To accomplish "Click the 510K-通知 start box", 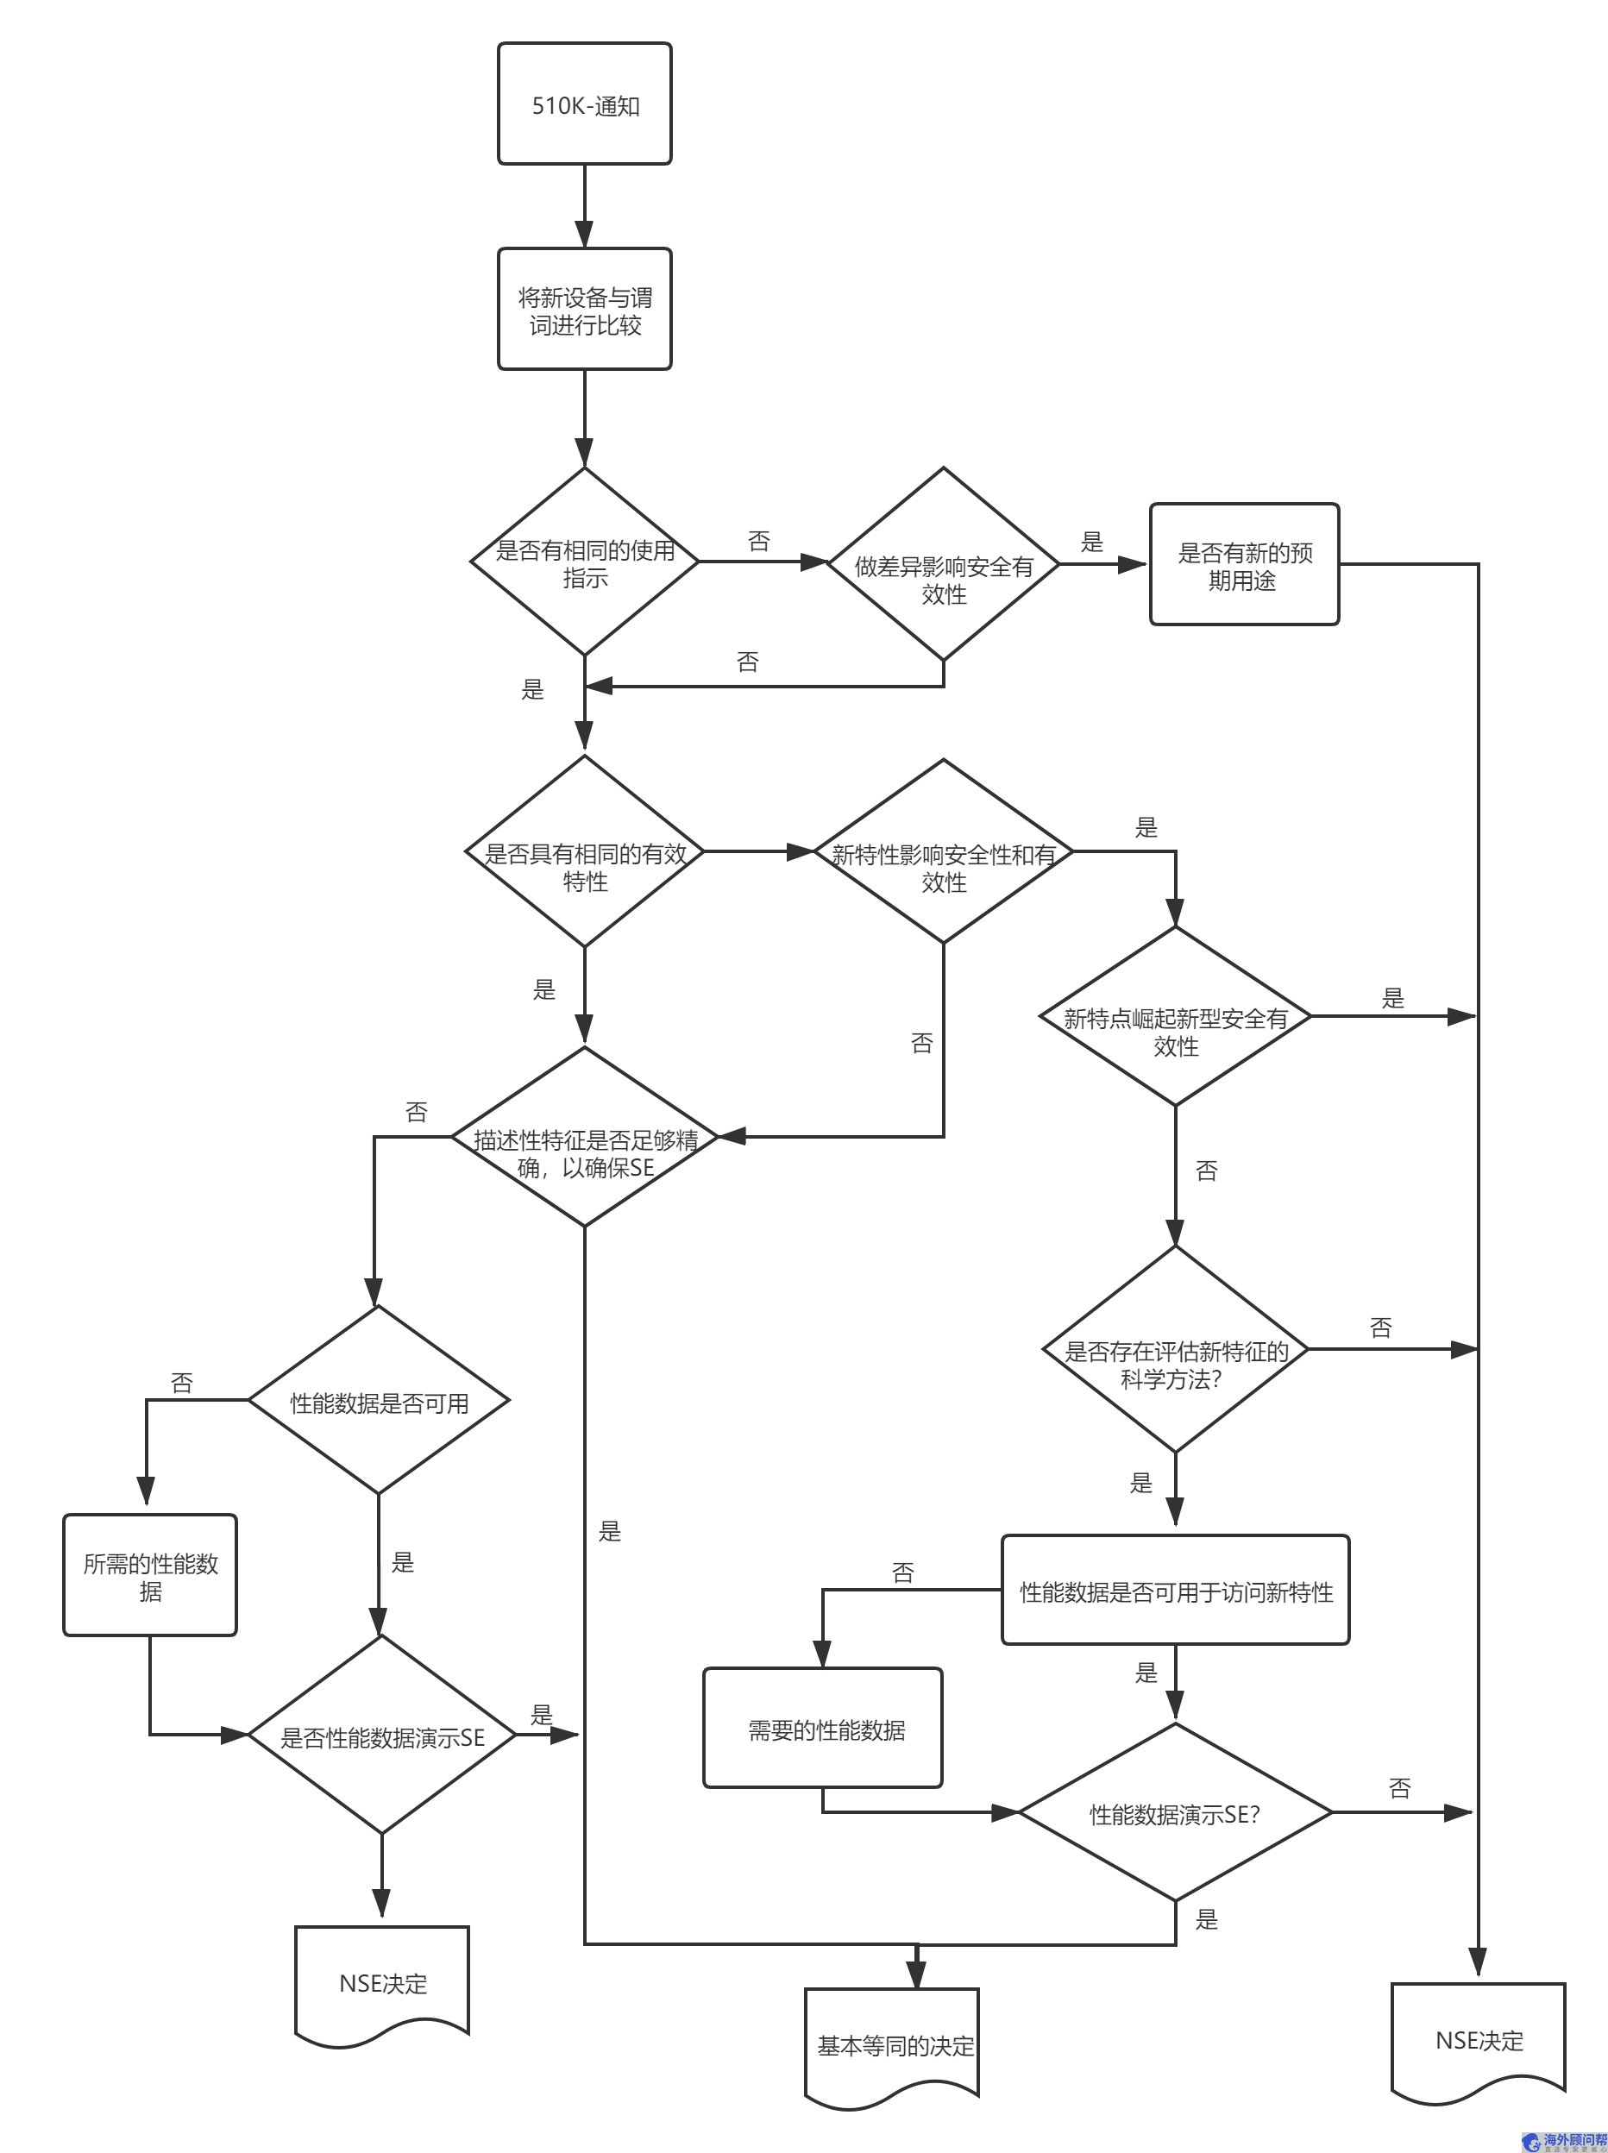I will pyautogui.click(x=584, y=104).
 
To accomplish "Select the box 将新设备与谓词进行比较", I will pyautogui.click(x=584, y=310).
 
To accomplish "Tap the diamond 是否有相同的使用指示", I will pyautogui.click(x=584, y=562).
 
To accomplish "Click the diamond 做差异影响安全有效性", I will pyautogui.click(x=943, y=564).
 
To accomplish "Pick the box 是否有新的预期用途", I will pyautogui.click(x=1244, y=564).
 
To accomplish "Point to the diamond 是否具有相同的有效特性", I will pyautogui.click(x=584, y=852).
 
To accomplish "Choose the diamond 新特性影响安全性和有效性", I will pyautogui.click(x=943, y=852).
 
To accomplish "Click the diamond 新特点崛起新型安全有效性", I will pyautogui.click(x=1175, y=1017).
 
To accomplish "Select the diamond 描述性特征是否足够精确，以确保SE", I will pyautogui.click(x=584, y=1137).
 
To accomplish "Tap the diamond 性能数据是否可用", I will pyautogui.click(x=379, y=1401).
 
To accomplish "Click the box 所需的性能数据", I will pyautogui.click(x=150, y=1575).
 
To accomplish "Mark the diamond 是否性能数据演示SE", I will pyautogui.click(x=381, y=1736).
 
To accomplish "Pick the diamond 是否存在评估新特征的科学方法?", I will pyautogui.click(x=1175, y=1350).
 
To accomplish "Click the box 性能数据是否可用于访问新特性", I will pyautogui.click(x=1175, y=1591).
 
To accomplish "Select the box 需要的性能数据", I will pyautogui.click(x=824, y=1729).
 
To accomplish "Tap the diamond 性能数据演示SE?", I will pyautogui.click(x=1175, y=1812).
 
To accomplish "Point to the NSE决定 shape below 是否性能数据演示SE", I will pyautogui.click(x=381, y=1983).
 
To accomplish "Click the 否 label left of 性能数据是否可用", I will pyautogui.click(x=182, y=1383).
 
